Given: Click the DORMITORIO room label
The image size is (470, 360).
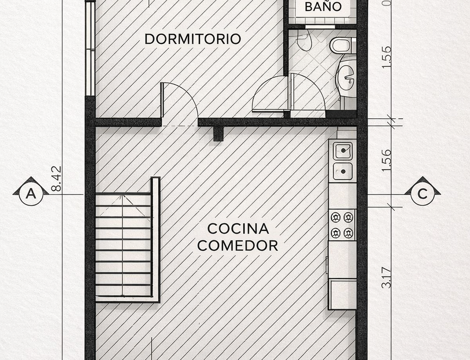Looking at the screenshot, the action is (193, 39).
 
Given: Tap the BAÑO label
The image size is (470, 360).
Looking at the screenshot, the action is (323, 6).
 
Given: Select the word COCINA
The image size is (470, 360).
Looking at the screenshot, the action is (238, 229).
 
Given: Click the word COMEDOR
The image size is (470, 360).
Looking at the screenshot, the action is (238, 246).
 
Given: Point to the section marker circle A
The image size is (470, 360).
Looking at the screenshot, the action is (31, 194).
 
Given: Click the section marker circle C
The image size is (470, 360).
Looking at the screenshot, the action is (422, 194).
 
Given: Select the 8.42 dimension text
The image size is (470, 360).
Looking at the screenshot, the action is (56, 179).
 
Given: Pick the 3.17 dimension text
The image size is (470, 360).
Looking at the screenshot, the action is (386, 277).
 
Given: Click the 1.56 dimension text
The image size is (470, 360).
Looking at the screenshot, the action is (386, 160).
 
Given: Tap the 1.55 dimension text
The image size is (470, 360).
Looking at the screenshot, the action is (386, 57).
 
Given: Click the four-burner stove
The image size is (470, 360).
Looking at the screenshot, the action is (342, 225).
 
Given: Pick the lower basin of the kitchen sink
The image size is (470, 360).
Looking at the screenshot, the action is (343, 172).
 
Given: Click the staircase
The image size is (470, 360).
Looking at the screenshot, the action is (128, 239).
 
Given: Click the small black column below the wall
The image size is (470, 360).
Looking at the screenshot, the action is (218, 133).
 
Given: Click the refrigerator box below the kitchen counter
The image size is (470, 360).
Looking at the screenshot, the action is (342, 294).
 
